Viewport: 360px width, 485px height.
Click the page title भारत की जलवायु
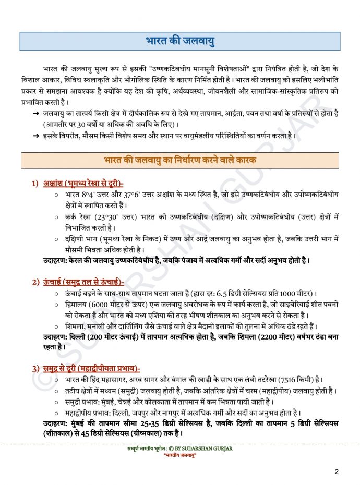(x=180, y=41)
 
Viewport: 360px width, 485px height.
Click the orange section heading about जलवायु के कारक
(x=180, y=160)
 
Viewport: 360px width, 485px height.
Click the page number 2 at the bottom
(x=337, y=472)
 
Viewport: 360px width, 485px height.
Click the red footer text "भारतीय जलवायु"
(x=179, y=455)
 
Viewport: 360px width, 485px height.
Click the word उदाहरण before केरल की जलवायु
(x=56, y=260)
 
